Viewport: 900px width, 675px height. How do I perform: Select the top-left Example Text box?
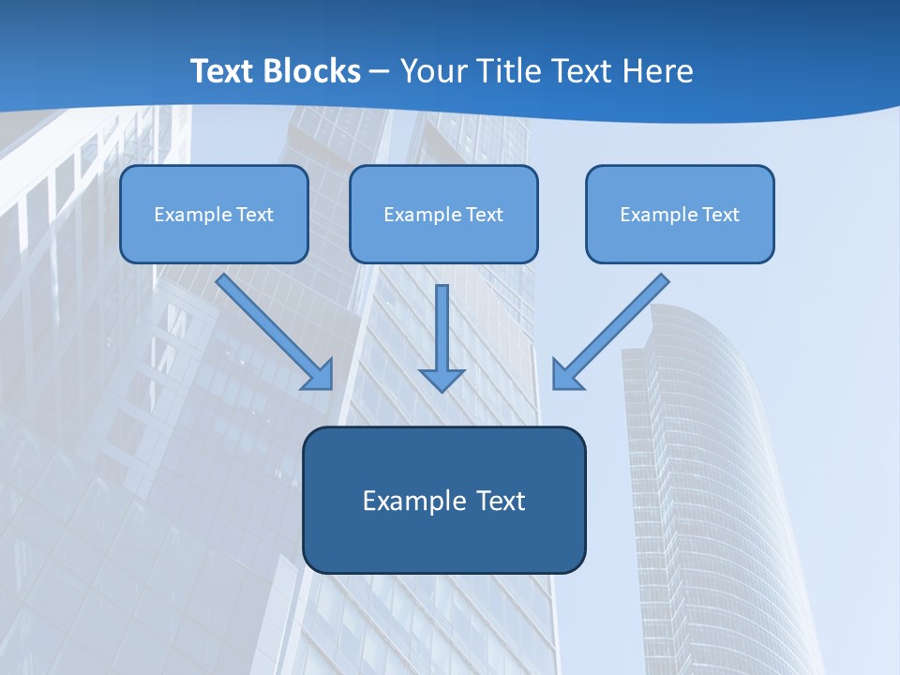[x=214, y=214]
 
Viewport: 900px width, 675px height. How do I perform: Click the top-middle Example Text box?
[x=443, y=214]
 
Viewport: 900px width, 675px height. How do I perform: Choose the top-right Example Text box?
[x=680, y=214]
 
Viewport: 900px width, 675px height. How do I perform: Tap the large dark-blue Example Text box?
[x=443, y=500]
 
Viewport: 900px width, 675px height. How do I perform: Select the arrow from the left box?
[x=272, y=328]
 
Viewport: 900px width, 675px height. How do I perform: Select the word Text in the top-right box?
[x=721, y=215]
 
